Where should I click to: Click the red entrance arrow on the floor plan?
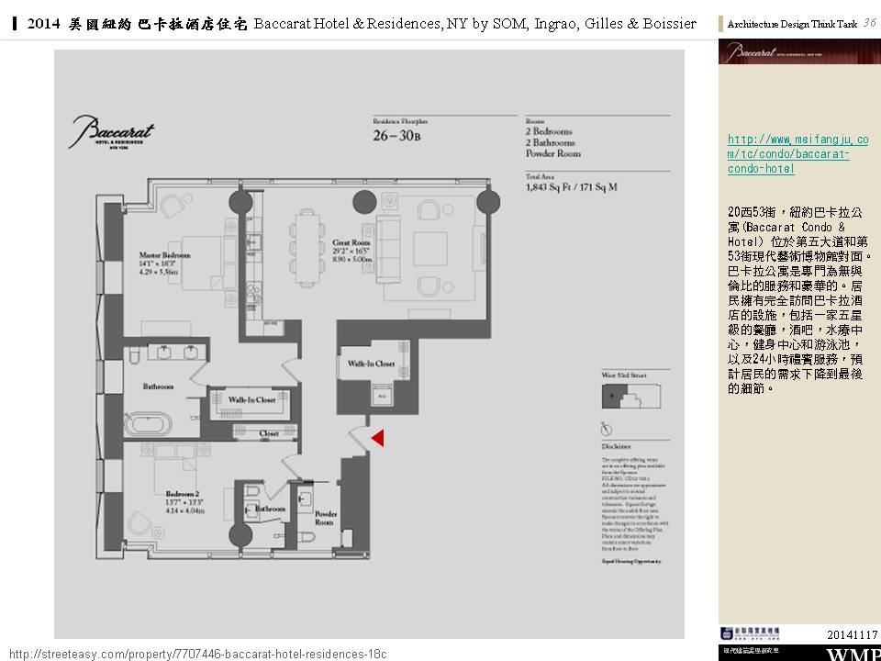click(x=377, y=439)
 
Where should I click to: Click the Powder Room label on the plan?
click(x=326, y=518)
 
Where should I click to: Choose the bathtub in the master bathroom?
click(x=149, y=424)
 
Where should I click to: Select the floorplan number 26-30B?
click(x=396, y=137)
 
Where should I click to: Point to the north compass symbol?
click(x=607, y=429)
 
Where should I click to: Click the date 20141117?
click(x=852, y=634)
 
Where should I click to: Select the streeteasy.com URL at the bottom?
click(x=197, y=653)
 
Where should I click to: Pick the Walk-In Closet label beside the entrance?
click(x=371, y=364)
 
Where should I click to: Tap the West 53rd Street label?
click(x=625, y=375)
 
